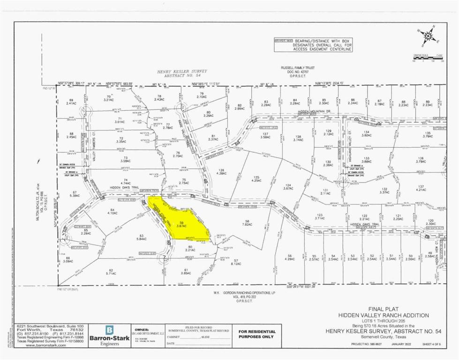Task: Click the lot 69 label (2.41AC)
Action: (x=72, y=102)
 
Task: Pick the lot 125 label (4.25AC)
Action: (x=256, y=179)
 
